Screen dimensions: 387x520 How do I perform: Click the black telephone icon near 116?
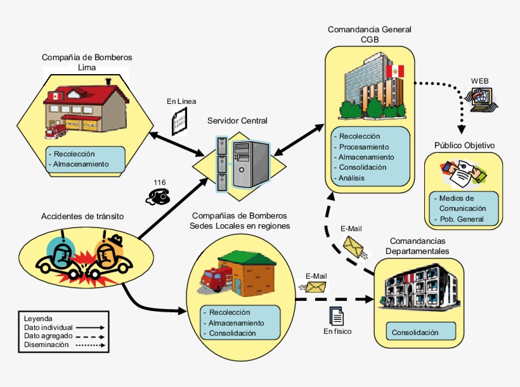(x=159, y=196)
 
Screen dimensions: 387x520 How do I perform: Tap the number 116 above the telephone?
(x=159, y=182)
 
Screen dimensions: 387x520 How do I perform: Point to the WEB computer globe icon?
(x=481, y=98)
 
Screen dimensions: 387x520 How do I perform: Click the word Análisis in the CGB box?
(x=351, y=179)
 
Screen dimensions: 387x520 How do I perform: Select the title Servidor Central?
(x=238, y=120)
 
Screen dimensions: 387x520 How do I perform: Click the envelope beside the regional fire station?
(x=316, y=287)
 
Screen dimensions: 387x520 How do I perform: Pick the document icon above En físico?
(x=337, y=315)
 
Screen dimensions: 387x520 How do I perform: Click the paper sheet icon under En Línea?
(x=180, y=119)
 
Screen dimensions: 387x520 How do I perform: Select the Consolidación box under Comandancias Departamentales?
(x=415, y=332)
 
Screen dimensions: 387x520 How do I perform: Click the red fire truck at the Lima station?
(x=56, y=130)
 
